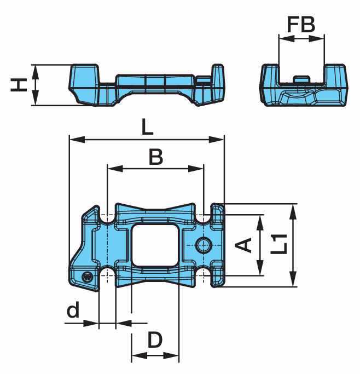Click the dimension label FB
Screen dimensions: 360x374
(x=301, y=25)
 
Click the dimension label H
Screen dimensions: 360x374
(x=19, y=85)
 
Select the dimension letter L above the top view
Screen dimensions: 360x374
(x=148, y=127)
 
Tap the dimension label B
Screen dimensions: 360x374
(x=156, y=157)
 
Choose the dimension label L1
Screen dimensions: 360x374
(x=279, y=244)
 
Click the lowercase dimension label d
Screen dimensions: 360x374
(x=73, y=309)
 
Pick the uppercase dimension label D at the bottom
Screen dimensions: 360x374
(x=155, y=340)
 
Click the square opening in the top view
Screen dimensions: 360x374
(x=155, y=245)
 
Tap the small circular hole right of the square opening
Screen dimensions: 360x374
(x=204, y=245)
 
